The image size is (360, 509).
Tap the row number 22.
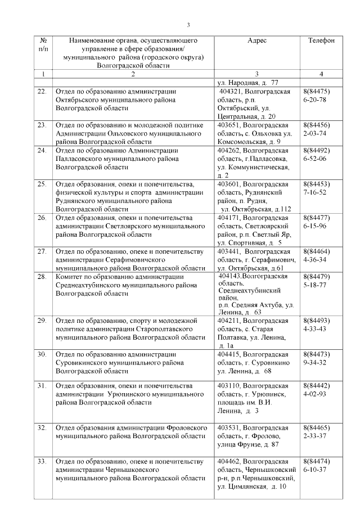coord(42,92)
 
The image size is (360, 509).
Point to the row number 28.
coord(42,277)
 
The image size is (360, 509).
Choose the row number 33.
coord(42,462)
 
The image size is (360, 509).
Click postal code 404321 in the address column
coord(231,92)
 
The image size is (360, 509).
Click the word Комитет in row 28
coord(71,277)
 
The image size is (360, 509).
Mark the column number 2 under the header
coord(132,74)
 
